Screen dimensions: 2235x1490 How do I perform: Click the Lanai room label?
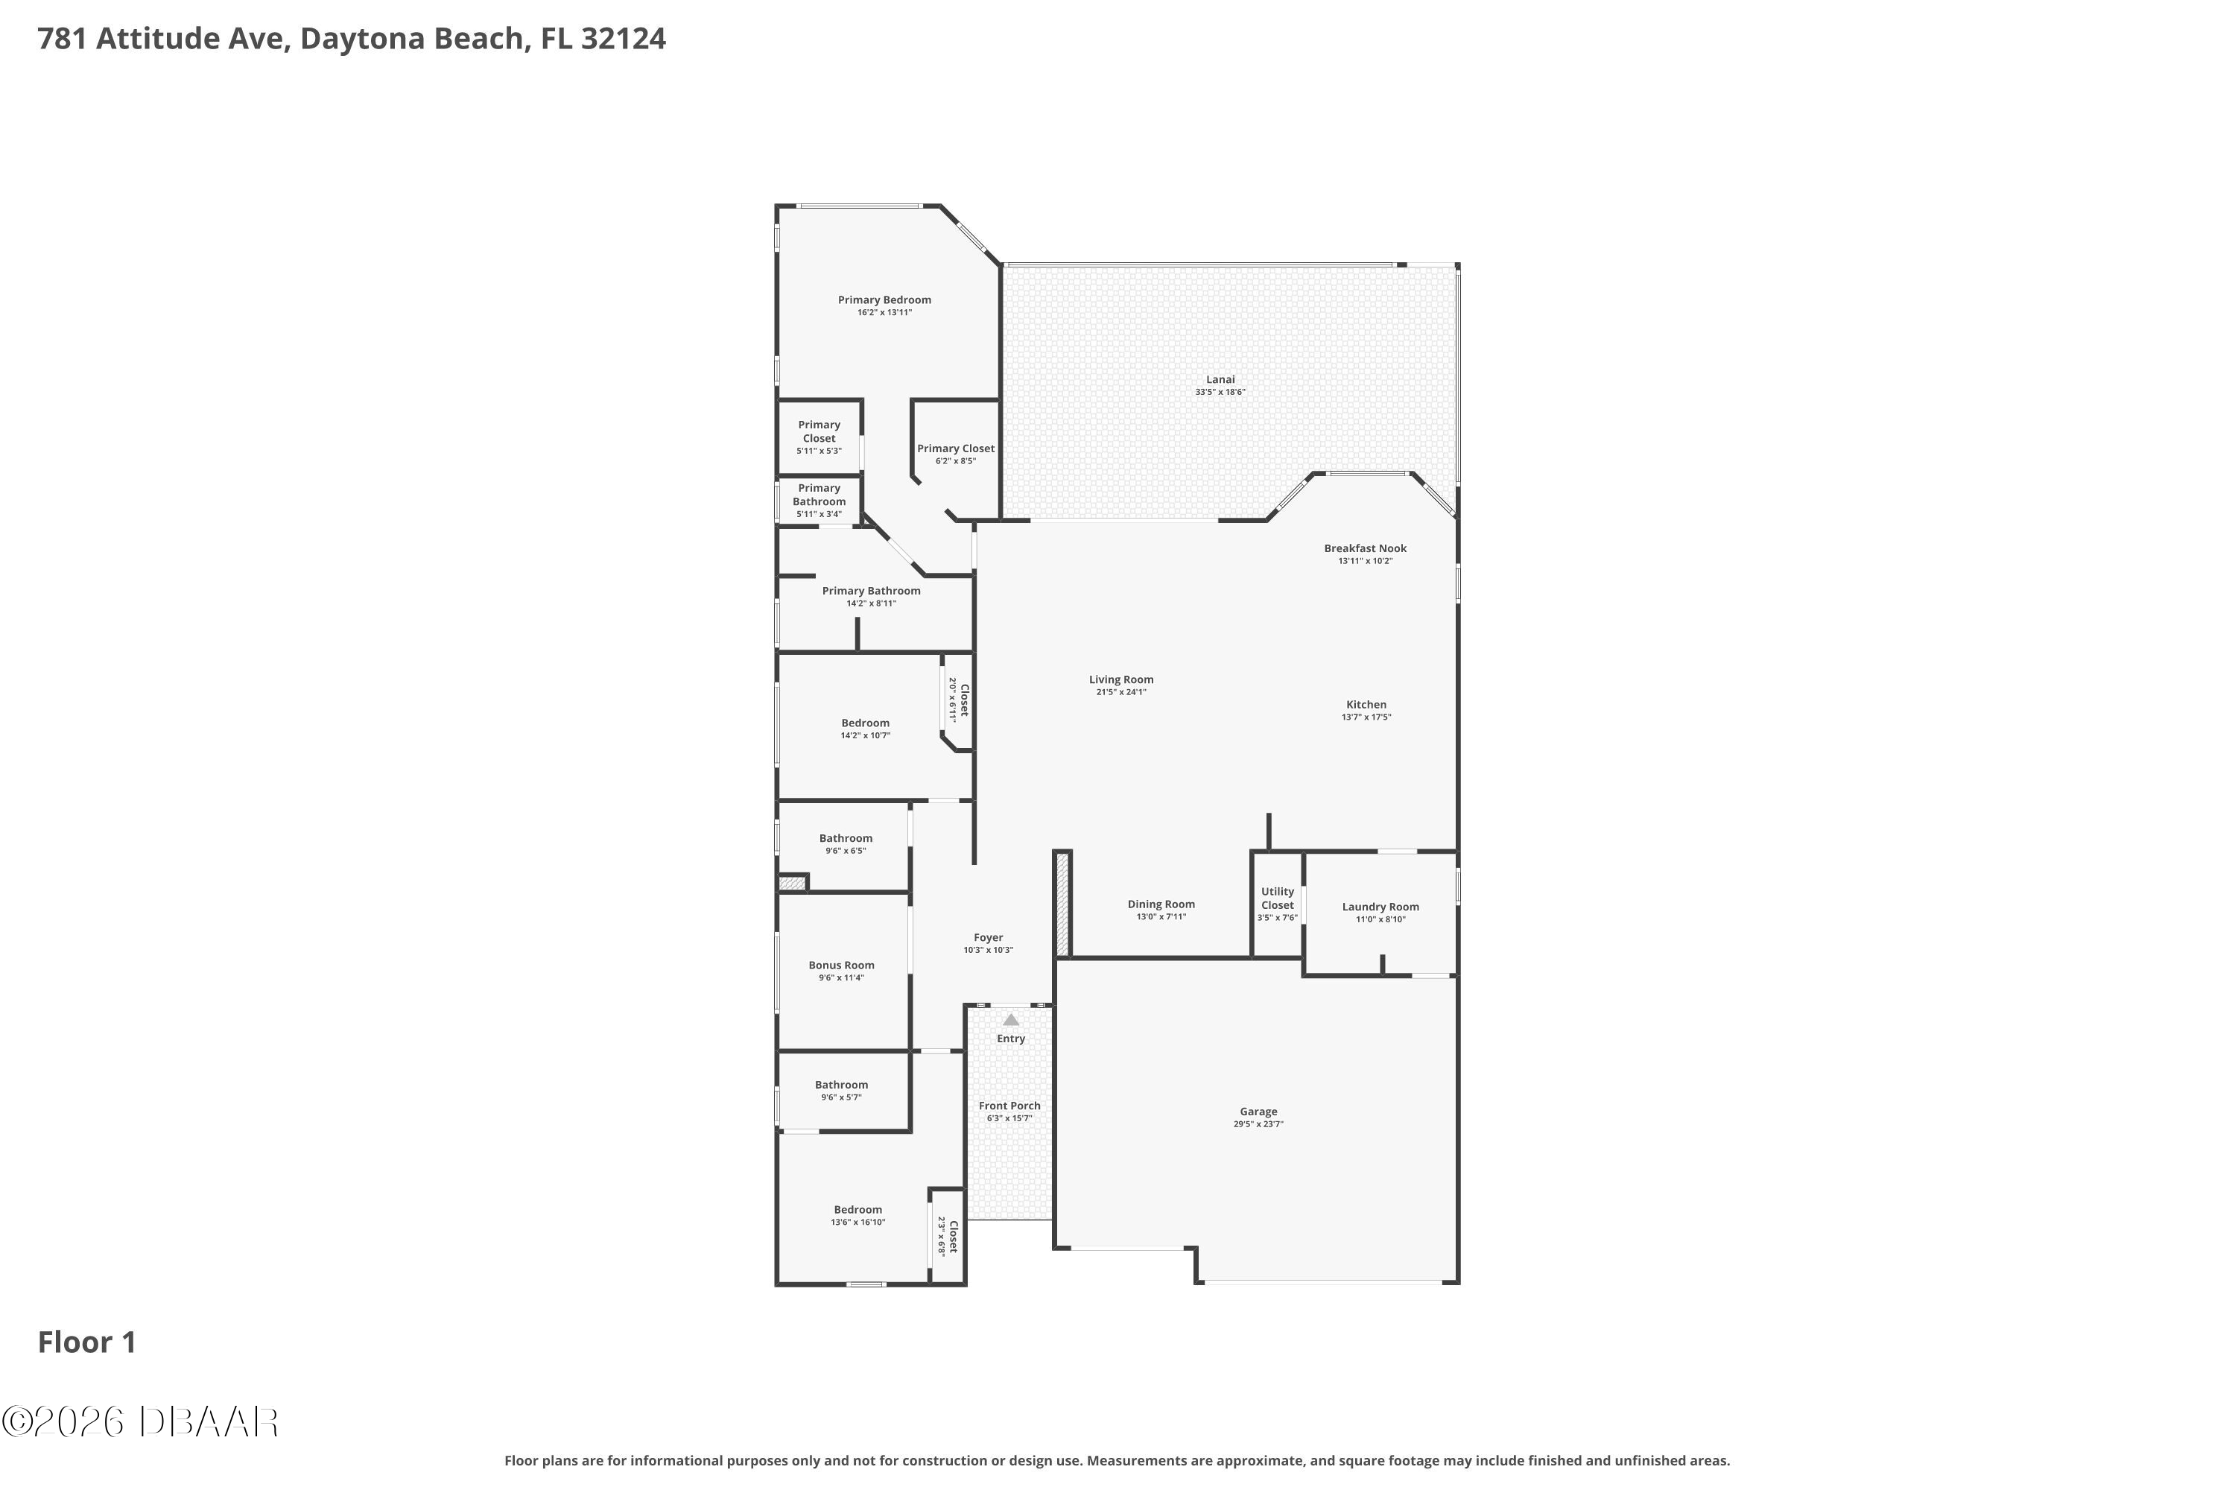click(1220, 380)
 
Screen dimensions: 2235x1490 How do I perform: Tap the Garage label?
click(1258, 1112)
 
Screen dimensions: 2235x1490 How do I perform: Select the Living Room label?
click(1121, 679)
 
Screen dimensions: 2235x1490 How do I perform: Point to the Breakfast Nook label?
click(1366, 548)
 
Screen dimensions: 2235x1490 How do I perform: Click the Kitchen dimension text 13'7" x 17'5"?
click(1366, 717)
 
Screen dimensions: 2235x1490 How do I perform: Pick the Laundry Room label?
click(1380, 907)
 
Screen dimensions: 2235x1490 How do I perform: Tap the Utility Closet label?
click(1278, 898)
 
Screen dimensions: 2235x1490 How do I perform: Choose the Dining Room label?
click(1161, 904)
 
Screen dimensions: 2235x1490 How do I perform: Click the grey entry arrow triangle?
click(1011, 1020)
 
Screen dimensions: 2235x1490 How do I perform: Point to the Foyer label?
click(989, 938)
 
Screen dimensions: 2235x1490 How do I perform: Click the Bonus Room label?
click(842, 966)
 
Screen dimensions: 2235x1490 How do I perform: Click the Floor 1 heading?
click(87, 1342)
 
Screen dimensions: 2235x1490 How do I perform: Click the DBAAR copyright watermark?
click(140, 1422)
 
